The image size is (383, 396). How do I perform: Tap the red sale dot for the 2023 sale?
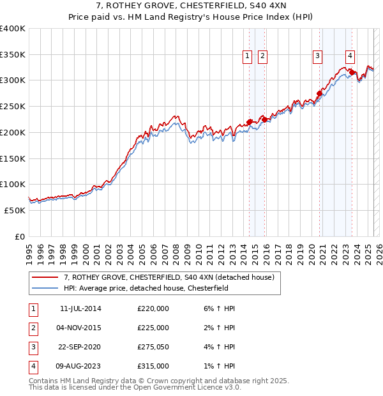[352, 73]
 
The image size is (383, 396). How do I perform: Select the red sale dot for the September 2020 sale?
[319, 93]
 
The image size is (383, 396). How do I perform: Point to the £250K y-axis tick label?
[13, 107]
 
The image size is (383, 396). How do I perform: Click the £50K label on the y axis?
[15, 210]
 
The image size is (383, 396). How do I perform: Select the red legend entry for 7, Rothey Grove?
[169, 277]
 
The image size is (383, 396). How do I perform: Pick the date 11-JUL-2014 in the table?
[80, 308]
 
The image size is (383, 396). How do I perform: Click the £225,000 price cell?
[153, 328]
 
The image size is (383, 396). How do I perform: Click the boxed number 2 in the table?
[32, 328]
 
